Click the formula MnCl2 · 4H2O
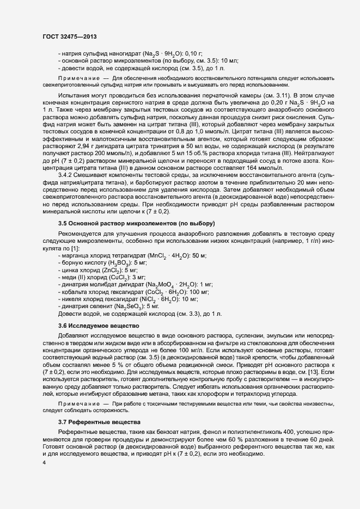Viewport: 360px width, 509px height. click(x=162, y=256)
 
